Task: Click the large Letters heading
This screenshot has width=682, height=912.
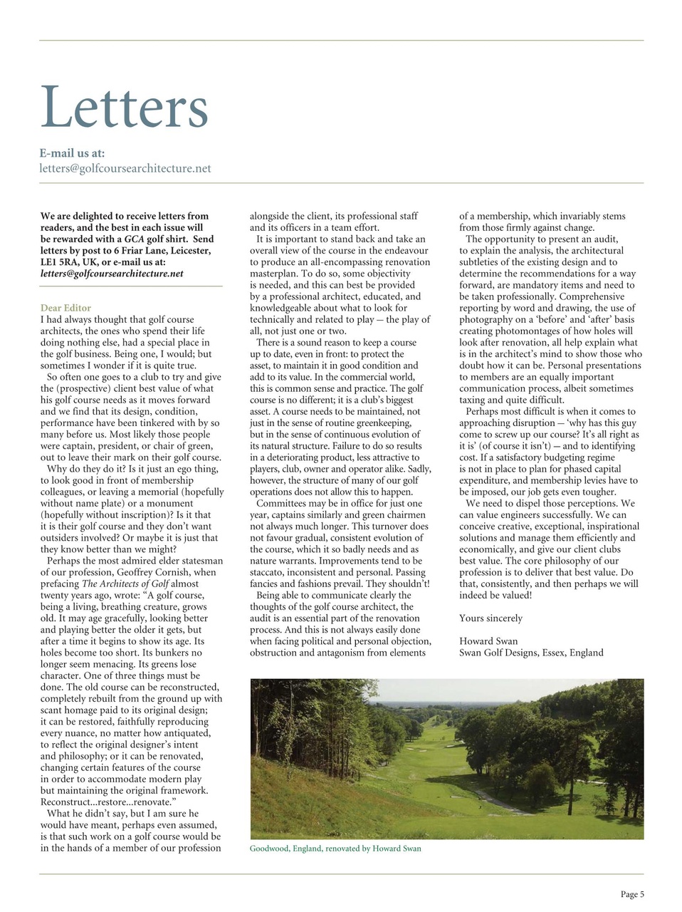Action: (124, 108)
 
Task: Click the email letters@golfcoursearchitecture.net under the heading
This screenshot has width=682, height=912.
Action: (125, 169)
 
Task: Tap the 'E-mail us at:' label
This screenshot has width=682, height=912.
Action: (72, 152)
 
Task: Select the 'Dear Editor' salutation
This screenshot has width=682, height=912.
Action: (65, 308)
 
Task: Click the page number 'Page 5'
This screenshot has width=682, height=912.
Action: (631, 894)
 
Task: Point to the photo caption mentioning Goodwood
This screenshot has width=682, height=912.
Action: (335, 849)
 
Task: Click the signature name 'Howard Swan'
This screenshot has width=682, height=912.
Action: (488, 641)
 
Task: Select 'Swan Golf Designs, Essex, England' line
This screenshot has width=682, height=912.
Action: (530, 653)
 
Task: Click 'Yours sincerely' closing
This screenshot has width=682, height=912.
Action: (490, 618)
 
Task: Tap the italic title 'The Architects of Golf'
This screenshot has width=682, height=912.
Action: (125, 584)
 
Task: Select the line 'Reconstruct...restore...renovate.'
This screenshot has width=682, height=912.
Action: (107, 802)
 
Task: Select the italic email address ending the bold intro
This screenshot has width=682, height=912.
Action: (112, 274)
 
